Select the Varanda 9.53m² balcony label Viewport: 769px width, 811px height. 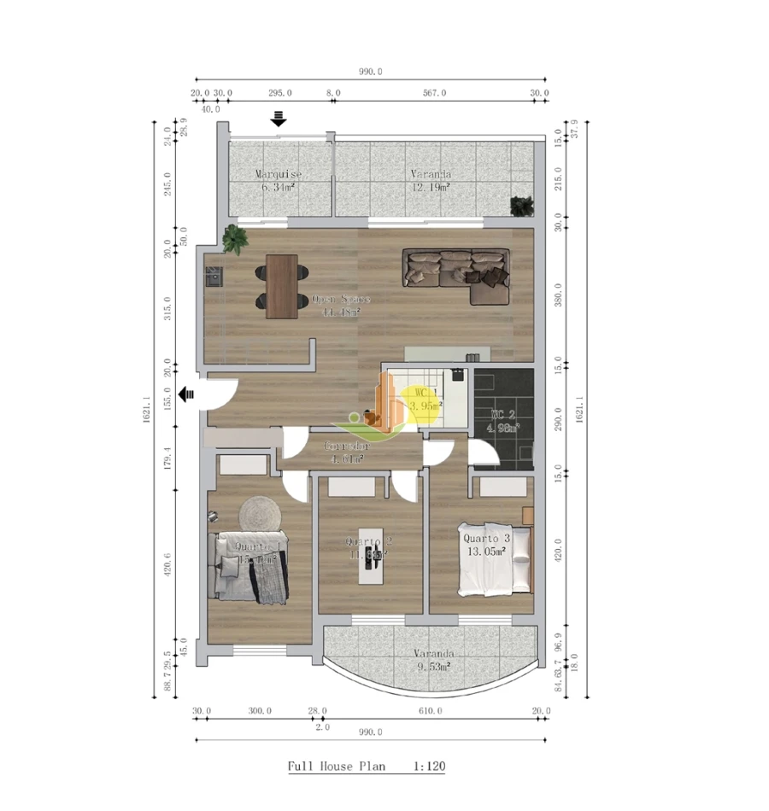[x=431, y=660]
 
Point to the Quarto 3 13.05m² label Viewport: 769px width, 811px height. [x=486, y=545]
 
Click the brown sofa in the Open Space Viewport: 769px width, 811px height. [x=455, y=275]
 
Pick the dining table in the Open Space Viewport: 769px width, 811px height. [x=282, y=286]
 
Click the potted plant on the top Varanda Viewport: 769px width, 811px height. [x=520, y=205]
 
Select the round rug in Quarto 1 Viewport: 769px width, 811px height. [x=260, y=514]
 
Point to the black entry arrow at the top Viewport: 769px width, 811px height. [x=279, y=118]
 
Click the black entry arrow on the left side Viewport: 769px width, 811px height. [x=186, y=394]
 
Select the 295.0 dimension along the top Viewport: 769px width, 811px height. [x=280, y=93]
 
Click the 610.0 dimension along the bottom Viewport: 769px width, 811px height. [x=430, y=710]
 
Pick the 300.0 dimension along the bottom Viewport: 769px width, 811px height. [x=260, y=710]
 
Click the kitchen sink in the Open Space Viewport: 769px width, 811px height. [x=213, y=276]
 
